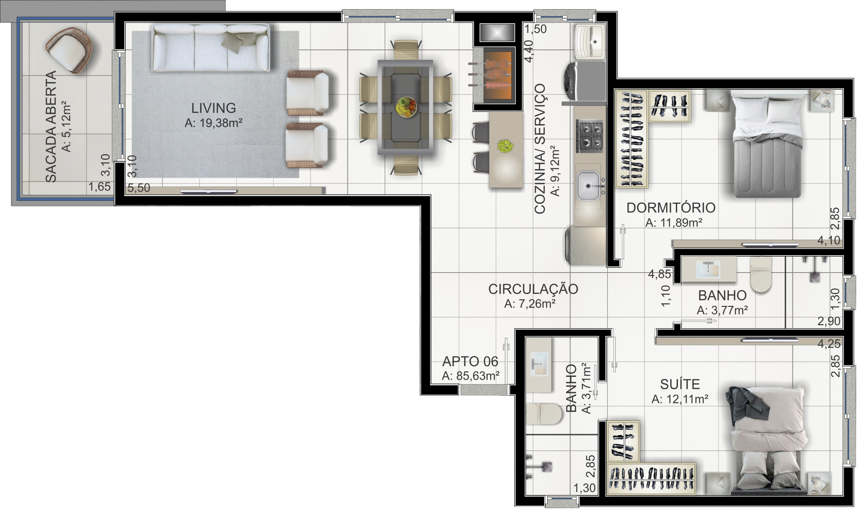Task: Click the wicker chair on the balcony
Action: [x=69, y=50]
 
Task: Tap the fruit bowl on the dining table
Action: [x=406, y=107]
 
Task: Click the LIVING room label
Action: [x=214, y=108]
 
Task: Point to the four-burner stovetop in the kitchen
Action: [x=589, y=136]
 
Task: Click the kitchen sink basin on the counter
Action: [x=588, y=186]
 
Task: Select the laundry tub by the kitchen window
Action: [x=590, y=41]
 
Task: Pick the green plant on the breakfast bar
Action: [x=505, y=146]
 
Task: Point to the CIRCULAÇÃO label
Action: [x=533, y=289]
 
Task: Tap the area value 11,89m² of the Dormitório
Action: [x=674, y=223]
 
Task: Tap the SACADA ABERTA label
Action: [x=51, y=127]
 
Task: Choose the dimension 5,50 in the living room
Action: [x=139, y=188]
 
